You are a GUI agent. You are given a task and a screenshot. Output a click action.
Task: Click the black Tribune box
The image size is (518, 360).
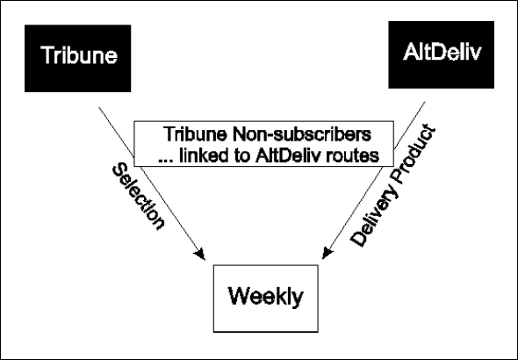click(77, 59)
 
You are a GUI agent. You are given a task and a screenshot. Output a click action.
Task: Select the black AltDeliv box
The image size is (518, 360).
click(441, 54)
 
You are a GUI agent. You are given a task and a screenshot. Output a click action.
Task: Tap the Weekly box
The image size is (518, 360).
click(266, 299)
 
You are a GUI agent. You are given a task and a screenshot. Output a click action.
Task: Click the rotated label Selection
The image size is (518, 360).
click(138, 196)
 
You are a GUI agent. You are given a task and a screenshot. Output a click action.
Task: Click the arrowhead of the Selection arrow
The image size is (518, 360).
click(200, 255)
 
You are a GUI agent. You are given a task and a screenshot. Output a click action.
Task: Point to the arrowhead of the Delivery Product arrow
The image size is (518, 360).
click(327, 253)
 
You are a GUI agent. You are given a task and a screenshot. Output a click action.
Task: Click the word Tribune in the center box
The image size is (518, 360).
click(195, 134)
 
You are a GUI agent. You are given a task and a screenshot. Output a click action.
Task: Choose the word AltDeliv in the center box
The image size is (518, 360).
click(288, 155)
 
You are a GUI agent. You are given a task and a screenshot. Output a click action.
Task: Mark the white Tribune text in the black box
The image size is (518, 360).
click(79, 54)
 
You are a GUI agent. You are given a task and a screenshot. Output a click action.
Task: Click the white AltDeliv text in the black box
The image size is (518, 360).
click(442, 52)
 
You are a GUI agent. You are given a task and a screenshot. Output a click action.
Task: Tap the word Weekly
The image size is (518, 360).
click(265, 297)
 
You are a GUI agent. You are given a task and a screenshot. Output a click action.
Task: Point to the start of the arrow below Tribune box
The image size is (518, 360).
click(99, 107)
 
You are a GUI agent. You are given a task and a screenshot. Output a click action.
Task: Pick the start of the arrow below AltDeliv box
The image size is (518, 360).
click(425, 102)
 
